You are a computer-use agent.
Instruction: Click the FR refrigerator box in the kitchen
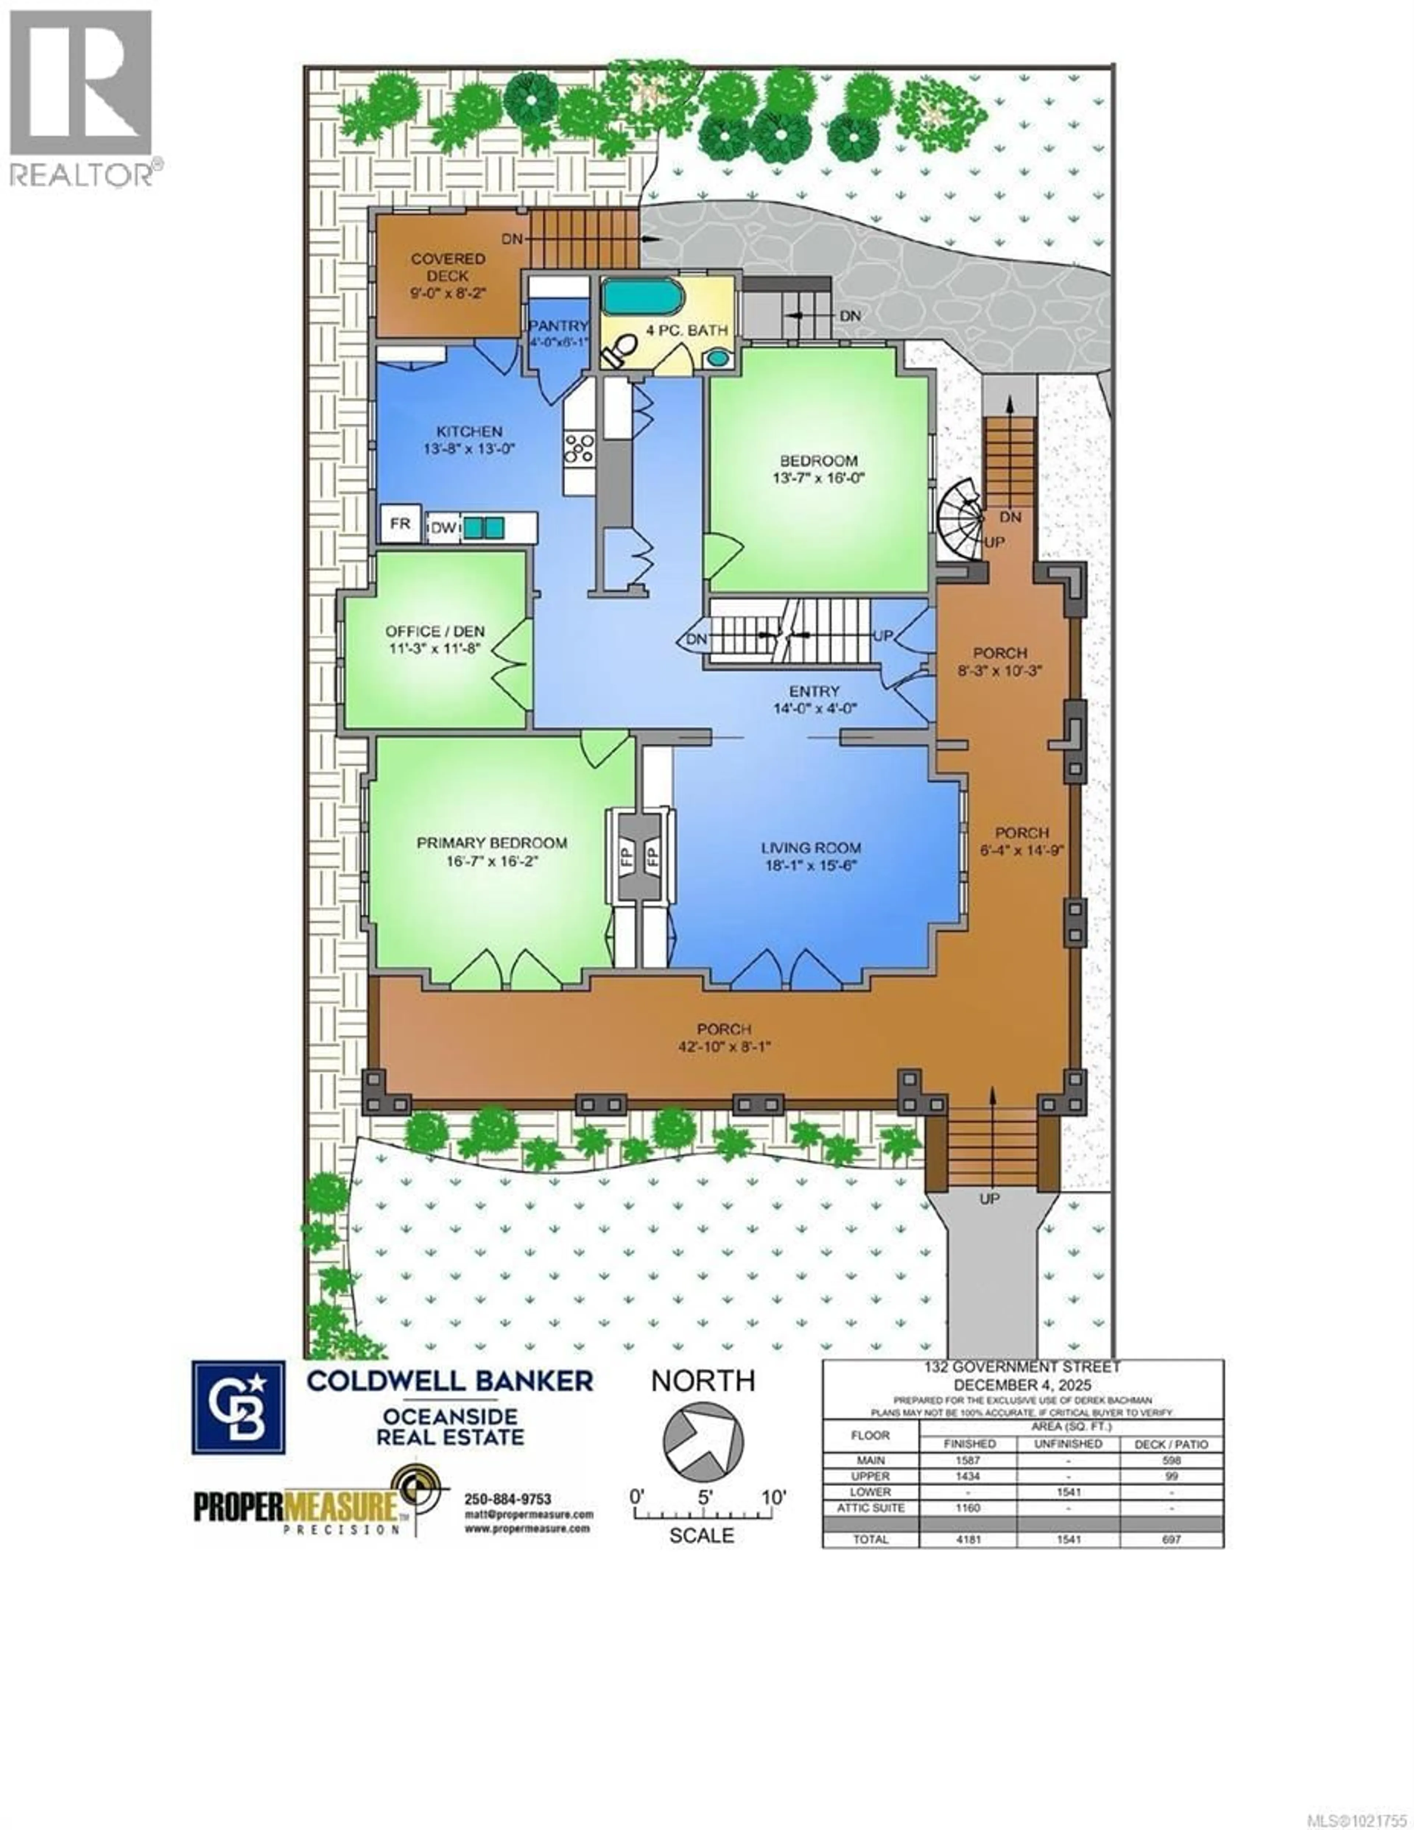[x=401, y=524]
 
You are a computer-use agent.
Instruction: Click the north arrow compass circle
[x=703, y=1441]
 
